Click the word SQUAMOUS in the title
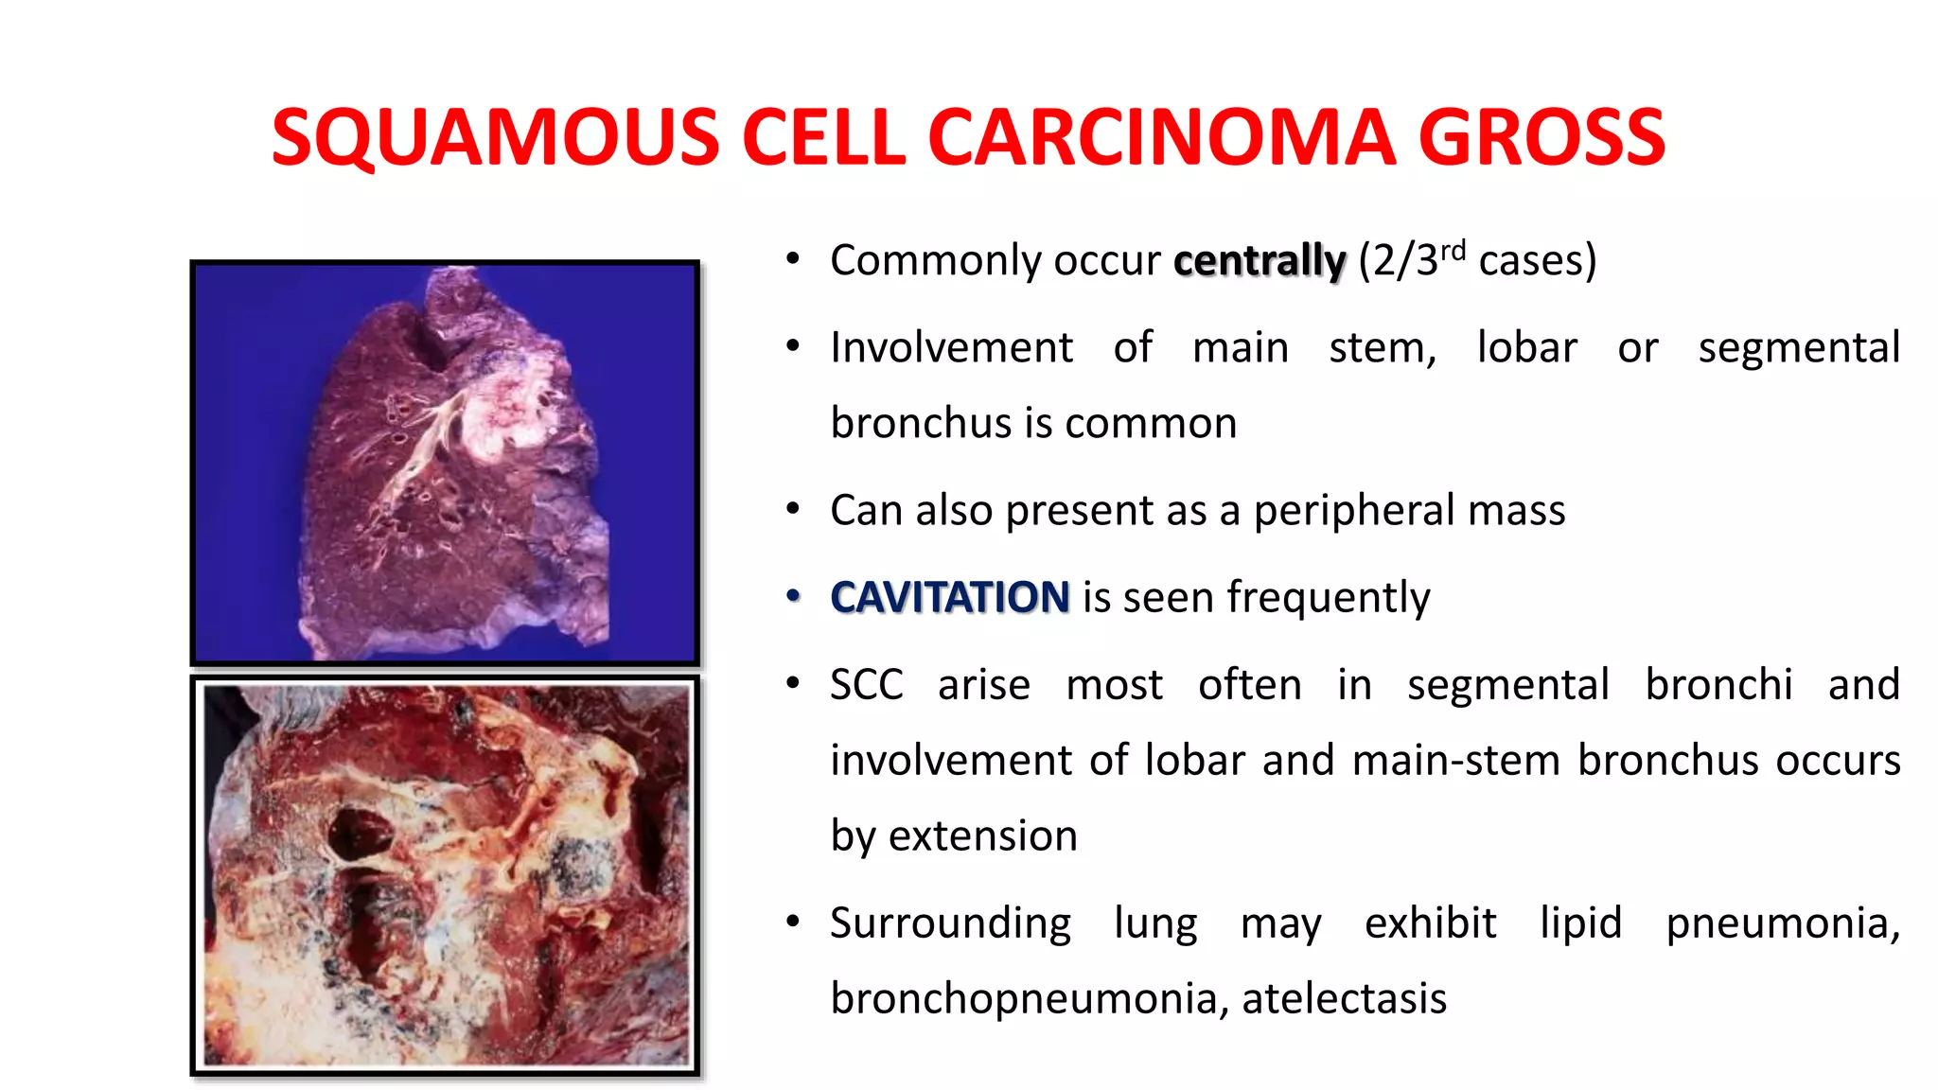[x=495, y=138]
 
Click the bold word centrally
[x=1259, y=261]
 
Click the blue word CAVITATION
[x=949, y=597]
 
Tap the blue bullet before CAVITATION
[x=793, y=596]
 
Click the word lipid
[x=1580, y=923]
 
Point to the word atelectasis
[x=1344, y=998]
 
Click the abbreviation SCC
[x=866, y=685]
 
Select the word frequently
[x=1329, y=598]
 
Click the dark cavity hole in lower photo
[x=359, y=834]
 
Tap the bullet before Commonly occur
[x=793, y=259]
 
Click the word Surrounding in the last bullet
[x=950, y=923]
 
